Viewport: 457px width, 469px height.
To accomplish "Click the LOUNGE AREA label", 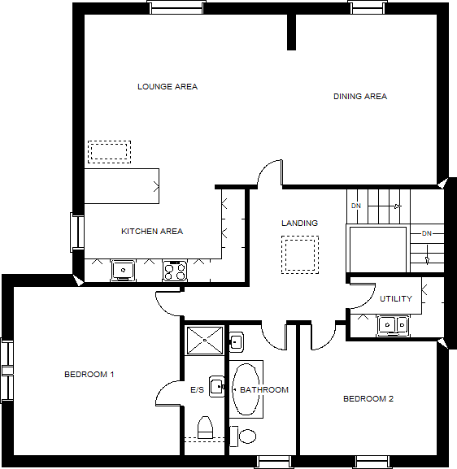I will click(x=168, y=87).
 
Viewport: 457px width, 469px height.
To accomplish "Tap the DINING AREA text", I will click(x=359, y=97).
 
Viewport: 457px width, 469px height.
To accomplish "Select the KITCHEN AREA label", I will click(x=152, y=232).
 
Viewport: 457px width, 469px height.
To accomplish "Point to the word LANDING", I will click(x=299, y=224).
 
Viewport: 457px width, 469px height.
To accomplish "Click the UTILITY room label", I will click(x=396, y=299).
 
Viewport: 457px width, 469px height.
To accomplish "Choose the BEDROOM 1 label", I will click(x=89, y=375).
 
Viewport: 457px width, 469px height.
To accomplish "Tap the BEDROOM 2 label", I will click(x=368, y=399).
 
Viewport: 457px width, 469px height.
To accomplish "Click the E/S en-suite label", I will click(x=198, y=391).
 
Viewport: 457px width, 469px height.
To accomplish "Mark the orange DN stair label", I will click(x=355, y=206).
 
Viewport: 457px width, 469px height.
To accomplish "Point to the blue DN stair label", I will click(x=427, y=234).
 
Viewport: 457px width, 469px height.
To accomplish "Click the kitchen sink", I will click(x=123, y=269).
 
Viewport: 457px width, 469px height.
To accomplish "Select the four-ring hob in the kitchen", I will click(x=175, y=270).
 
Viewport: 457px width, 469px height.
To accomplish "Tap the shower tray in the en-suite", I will click(x=205, y=341).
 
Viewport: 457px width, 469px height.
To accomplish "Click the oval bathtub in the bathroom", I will click(x=246, y=389).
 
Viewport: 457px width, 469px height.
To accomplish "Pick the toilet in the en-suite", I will click(x=205, y=427).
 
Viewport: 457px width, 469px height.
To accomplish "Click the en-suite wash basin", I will click(x=216, y=385).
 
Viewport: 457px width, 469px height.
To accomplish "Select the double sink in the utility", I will click(x=394, y=324).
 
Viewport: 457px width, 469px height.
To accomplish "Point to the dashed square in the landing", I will click(x=299, y=254).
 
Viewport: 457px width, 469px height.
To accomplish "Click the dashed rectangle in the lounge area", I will click(x=109, y=151).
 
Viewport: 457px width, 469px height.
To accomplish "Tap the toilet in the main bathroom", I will click(x=243, y=436).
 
